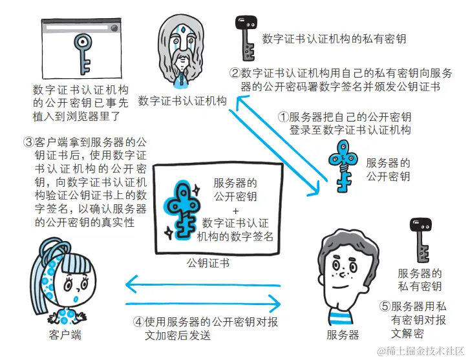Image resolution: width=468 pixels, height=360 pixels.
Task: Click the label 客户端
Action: click(65, 335)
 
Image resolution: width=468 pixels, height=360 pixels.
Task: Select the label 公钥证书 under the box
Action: click(207, 263)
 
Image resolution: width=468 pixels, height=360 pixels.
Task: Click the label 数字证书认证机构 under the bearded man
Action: click(182, 101)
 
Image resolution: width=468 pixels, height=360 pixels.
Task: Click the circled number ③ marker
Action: click(28, 141)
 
